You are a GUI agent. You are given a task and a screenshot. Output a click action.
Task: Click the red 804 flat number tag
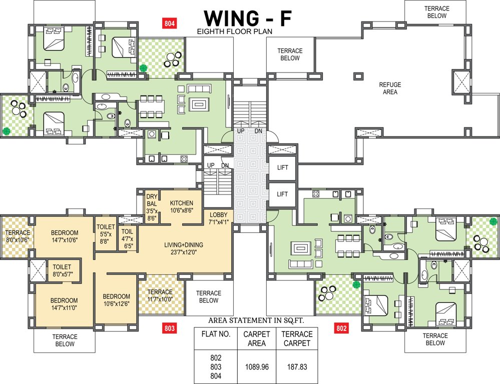(x=170, y=23)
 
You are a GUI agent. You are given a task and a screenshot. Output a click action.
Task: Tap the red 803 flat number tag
(x=170, y=328)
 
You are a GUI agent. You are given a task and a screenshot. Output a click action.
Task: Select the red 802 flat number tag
(x=341, y=328)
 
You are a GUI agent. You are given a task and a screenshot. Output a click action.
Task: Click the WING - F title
(x=248, y=18)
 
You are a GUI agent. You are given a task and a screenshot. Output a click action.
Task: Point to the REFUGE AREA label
(x=390, y=88)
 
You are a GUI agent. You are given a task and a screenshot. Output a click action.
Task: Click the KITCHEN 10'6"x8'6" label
(x=182, y=206)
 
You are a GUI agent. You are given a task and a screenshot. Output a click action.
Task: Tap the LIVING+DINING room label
(x=184, y=248)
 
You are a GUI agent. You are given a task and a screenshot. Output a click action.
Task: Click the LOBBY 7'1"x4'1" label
(x=219, y=218)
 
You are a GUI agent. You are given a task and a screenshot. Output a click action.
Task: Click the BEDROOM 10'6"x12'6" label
(x=117, y=300)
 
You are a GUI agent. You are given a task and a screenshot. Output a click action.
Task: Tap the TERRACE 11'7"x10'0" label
(x=160, y=295)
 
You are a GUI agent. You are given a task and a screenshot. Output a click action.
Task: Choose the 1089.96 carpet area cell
(x=257, y=367)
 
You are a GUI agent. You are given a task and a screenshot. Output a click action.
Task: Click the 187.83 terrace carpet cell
(x=297, y=367)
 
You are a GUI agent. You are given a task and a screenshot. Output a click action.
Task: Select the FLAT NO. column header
(x=216, y=334)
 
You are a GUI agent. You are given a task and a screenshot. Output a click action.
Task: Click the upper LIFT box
(x=282, y=167)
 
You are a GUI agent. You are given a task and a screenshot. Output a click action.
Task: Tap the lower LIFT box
(x=282, y=194)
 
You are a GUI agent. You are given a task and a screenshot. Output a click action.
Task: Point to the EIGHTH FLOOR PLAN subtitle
(x=235, y=31)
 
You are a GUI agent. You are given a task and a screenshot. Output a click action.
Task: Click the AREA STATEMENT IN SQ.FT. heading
(x=256, y=320)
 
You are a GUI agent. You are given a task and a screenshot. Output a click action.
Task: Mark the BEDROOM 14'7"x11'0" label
(x=64, y=304)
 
